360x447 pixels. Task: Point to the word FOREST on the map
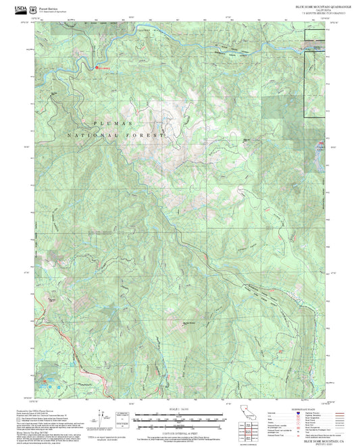tap(150, 136)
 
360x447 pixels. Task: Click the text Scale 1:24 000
tap(180, 408)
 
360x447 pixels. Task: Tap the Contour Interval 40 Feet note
tap(180, 431)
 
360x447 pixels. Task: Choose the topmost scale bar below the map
tap(180, 413)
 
